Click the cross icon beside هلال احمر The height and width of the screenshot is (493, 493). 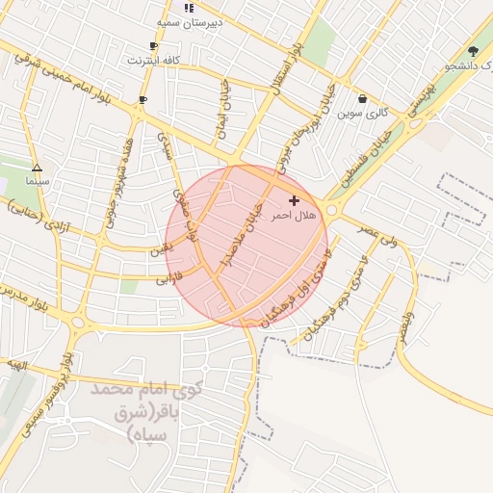coord(294,200)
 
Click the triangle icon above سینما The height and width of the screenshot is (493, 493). coord(37,167)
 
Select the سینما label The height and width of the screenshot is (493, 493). coord(37,181)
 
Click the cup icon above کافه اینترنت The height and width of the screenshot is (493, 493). coord(153,46)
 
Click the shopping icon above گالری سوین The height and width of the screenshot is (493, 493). coord(362,98)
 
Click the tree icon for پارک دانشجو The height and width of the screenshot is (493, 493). coord(472,51)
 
